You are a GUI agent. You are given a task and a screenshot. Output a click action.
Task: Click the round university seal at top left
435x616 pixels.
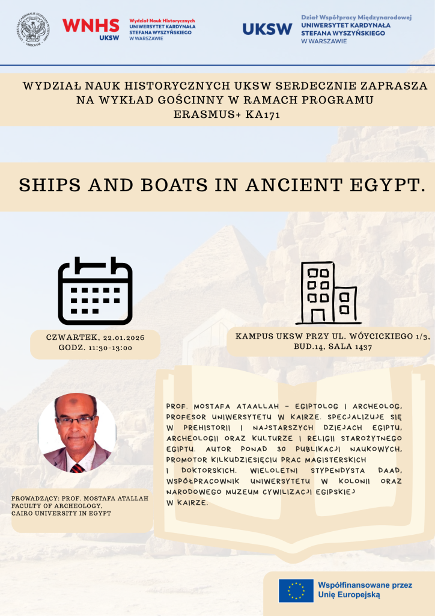(34, 29)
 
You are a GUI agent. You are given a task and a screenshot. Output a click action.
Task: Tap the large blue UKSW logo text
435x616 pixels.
(267, 29)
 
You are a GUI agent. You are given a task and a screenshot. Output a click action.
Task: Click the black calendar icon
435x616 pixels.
(95, 291)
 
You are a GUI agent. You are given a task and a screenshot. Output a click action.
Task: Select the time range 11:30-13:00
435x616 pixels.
(112, 348)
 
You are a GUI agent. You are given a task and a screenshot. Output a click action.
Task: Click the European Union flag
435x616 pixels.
(296, 591)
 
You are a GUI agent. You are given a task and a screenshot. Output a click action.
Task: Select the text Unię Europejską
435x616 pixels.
(349, 595)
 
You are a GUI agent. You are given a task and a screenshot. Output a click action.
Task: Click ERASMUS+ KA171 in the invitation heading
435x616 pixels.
(225, 114)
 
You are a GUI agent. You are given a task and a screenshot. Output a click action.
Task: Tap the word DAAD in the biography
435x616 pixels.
(387, 469)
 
